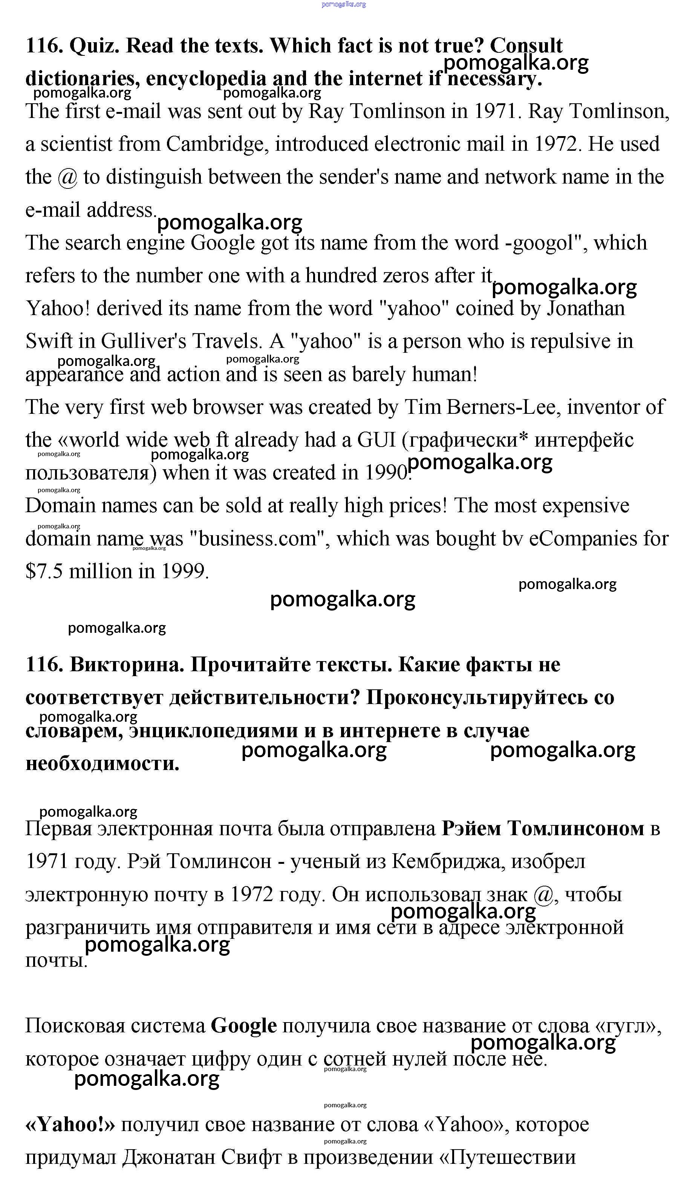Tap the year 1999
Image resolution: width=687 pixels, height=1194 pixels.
tap(184, 571)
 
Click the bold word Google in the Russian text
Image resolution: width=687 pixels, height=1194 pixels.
tap(243, 1026)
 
